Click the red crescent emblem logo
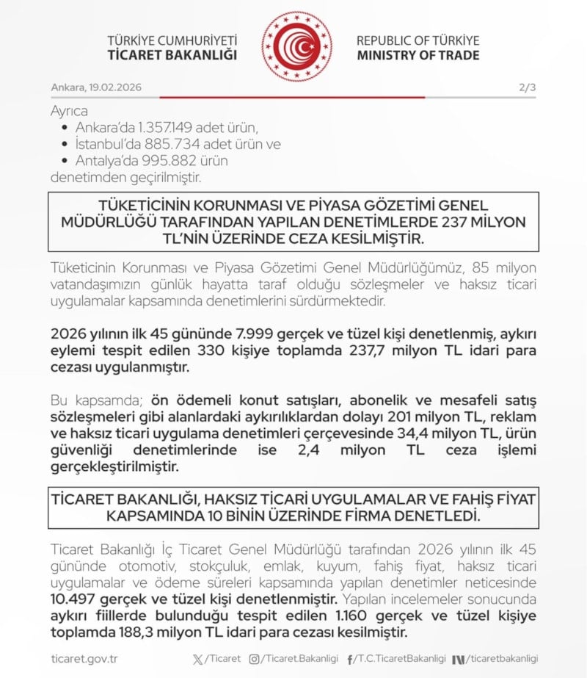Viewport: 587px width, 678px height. point(296,46)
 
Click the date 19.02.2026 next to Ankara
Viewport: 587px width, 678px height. point(115,87)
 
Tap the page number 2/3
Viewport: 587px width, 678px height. point(527,87)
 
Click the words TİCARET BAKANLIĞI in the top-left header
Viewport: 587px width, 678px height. point(172,55)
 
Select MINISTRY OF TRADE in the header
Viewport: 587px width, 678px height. point(418,55)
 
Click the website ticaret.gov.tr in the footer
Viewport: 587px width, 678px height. point(84,659)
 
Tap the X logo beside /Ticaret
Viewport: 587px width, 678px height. point(197,659)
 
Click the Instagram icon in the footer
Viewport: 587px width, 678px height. point(255,659)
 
